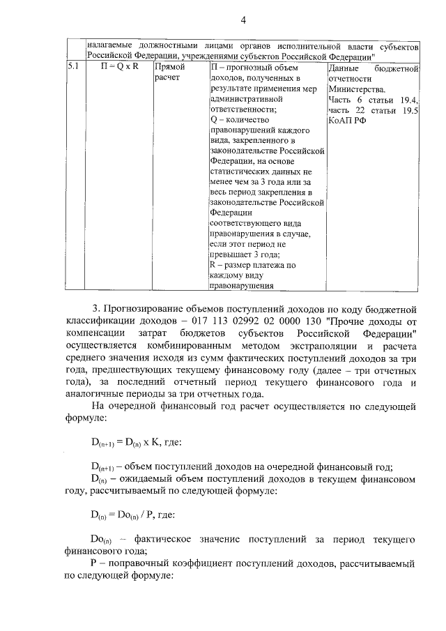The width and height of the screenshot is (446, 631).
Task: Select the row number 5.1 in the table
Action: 74,68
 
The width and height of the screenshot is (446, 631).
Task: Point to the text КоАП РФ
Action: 346,121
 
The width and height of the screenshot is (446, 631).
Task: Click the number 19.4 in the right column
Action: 406,100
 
